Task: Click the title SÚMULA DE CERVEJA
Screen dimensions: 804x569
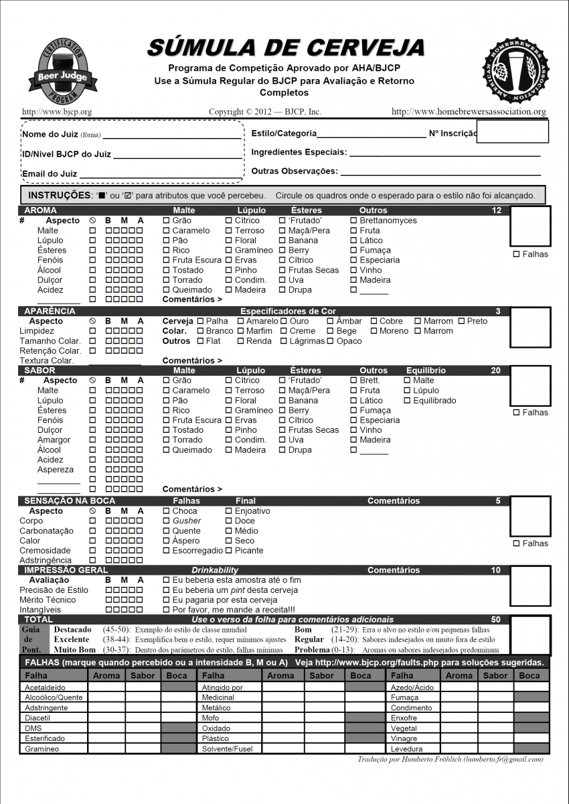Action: pos(286,48)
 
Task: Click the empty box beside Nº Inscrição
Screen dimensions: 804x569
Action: pos(512,133)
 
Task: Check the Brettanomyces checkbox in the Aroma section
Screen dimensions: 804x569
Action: pos(353,220)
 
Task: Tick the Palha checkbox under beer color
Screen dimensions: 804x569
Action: pos(200,321)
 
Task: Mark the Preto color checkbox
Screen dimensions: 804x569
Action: pos(461,321)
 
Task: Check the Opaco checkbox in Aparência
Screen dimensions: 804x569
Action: pos(331,341)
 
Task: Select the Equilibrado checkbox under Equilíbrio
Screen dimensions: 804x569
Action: pos(408,401)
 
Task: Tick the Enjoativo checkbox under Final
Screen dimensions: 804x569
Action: pos(229,511)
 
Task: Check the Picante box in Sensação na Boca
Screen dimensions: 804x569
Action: pos(229,551)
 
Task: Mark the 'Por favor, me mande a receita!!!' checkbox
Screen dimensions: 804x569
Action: pos(167,610)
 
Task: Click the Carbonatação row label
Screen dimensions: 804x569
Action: pos(46,531)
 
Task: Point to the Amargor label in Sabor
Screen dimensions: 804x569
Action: pos(54,440)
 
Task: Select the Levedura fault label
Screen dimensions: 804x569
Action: pos(406,748)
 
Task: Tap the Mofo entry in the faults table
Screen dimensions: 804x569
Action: pos(211,718)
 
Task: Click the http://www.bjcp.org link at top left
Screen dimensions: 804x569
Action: pos(57,112)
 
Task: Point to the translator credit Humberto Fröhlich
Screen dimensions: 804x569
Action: pos(451,759)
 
